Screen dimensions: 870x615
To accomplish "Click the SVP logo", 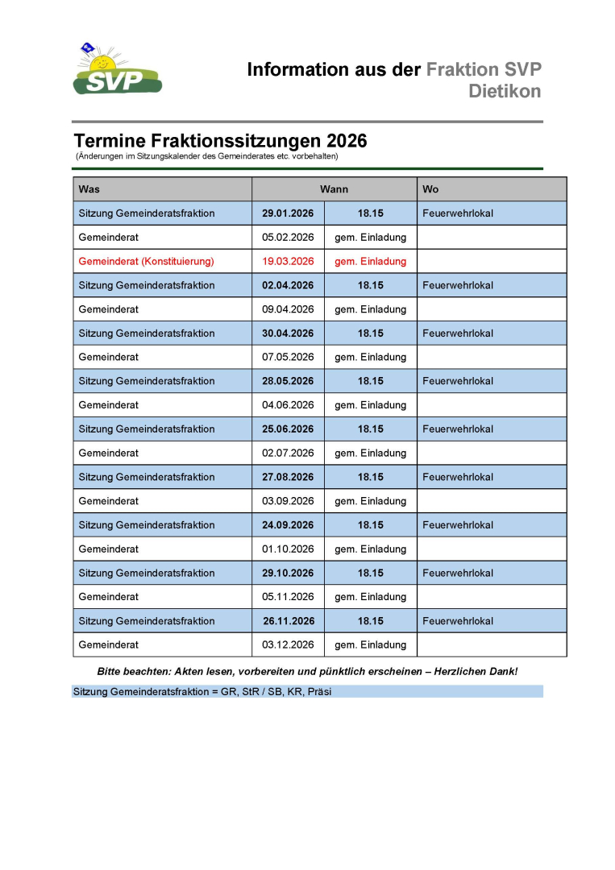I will click(x=117, y=71).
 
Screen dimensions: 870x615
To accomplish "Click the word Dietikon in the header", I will click(x=505, y=91).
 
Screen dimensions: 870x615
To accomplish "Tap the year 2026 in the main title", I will click(x=343, y=141).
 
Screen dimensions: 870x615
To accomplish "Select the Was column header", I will click(x=89, y=189).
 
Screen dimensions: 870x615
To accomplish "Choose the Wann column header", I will click(x=334, y=189).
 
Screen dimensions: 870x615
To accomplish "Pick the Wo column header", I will click(x=430, y=189).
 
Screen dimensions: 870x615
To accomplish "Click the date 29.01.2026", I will click(x=288, y=213).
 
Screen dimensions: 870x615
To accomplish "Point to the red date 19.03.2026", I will click(x=288, y=261).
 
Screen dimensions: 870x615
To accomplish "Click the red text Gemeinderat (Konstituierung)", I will click(x=146, y=261).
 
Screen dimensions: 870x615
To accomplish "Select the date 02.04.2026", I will click(x=288, y=285).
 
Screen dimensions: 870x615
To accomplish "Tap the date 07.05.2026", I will click(x=288, y=357).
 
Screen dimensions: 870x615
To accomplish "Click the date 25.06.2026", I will click(x=288, y=429).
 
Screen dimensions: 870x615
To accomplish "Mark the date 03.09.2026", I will click(x=288, y=501).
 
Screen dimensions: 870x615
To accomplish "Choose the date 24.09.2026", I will click(x=288, y=525).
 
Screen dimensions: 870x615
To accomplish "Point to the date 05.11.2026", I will click(x=288, y=597).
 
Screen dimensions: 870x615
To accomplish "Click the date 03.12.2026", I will click(x=288, y=644).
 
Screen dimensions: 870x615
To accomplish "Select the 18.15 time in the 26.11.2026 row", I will click(x=371, y=621).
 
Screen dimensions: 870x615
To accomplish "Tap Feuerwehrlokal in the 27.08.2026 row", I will click(x=458, y=477).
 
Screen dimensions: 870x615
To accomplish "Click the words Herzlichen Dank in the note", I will click(x=476, y=671).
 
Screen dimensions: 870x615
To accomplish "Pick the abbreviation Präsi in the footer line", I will click(x=319, y=691).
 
